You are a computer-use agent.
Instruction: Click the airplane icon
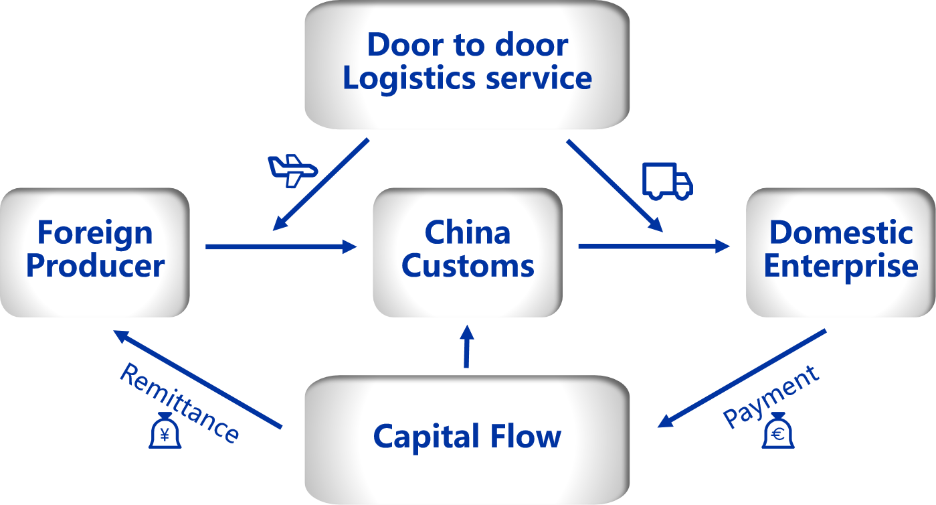point(292,170)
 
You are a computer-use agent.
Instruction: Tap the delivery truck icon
point(666,181)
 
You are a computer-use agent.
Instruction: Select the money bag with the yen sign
point(165,431)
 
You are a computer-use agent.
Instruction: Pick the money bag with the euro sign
point(778,431)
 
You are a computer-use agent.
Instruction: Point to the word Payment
point(771,396)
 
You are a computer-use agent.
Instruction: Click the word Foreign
point(95,233)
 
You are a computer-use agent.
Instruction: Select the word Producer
point(95,266)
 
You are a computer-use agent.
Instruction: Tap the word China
point(468,233)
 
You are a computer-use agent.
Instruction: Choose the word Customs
point(468,266)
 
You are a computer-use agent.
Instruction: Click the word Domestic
point(841,233)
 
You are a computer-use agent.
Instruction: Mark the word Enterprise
point(841,266)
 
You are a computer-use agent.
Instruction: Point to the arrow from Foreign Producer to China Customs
point(281,247)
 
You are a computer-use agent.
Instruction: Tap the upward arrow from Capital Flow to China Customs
point(467,346)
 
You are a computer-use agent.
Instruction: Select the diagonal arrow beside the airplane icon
point(322,184)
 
